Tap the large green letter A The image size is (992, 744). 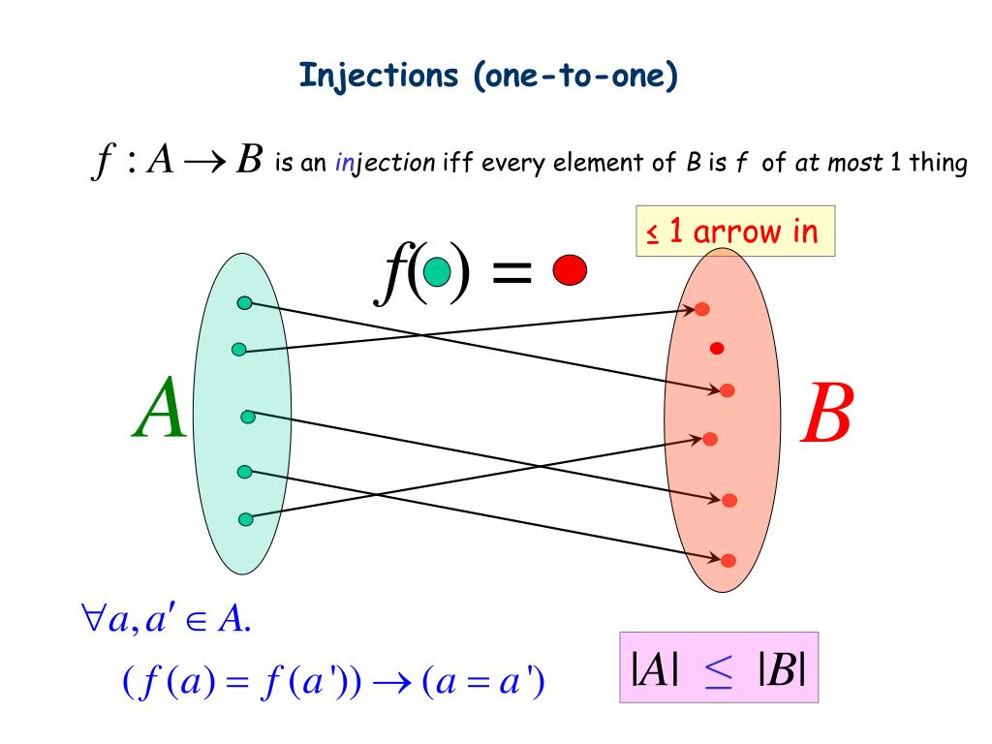(x=160, y=412)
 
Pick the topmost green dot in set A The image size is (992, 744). (x=245, y=303)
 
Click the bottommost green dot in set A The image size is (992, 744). (x=245, y=519)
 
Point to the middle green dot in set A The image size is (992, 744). (x=248, y=417)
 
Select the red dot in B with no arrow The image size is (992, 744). (x=717, y=348)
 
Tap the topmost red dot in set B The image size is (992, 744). (x=702, y=309)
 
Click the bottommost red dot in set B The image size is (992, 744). (x=728, y=559)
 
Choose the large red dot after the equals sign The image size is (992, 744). (x=570, y=270)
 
